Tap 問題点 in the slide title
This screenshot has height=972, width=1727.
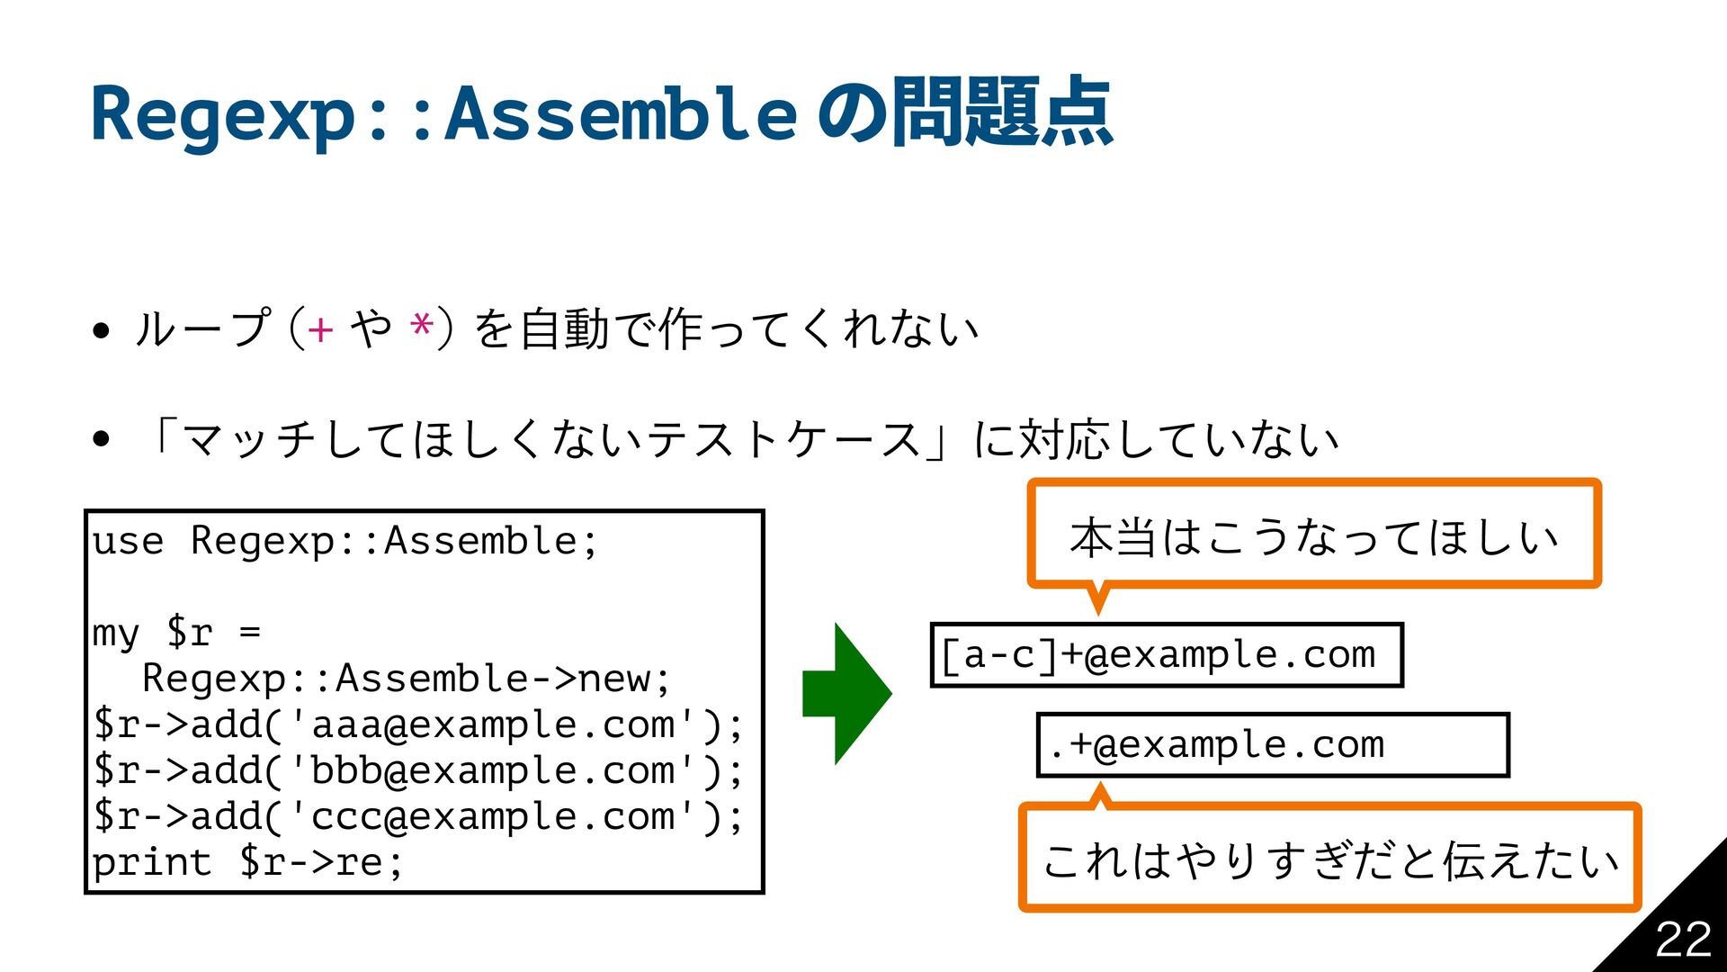pos(1002,113)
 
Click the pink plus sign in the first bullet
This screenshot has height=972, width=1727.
pos(320,329)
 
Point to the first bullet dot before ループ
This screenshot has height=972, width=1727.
pos(101,330)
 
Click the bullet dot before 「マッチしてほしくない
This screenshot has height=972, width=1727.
pos(101,439)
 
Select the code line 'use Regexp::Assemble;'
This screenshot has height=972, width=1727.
pos(345,542)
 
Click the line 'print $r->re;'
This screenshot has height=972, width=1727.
pos(247,863)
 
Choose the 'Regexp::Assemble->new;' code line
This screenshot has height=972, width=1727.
pos(407,679)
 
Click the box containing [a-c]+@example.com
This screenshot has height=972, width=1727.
pos(1167,655)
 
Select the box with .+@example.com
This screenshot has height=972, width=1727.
pos(1272,745)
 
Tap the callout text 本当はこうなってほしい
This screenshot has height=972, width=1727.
pos(1313,537)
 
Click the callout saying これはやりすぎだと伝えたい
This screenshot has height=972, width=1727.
pos(1329,859)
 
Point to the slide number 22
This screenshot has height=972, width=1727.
pos(1683,940)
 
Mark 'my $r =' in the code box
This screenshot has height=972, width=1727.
pos(176,633)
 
